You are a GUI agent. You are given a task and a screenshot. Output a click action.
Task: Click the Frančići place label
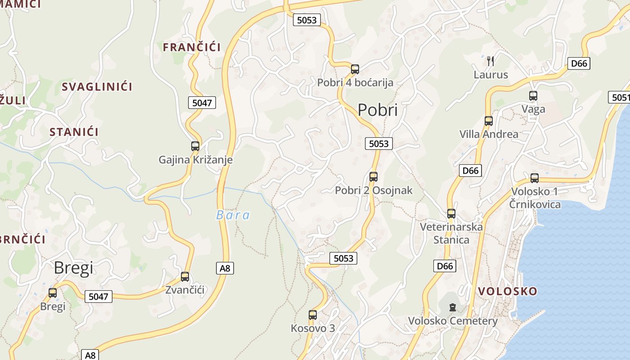[192, 47]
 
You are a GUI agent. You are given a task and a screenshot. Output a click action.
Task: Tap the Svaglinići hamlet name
[97, 87]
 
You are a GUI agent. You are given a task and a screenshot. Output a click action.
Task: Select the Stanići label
[74, 132]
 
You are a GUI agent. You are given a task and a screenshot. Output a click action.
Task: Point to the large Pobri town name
[378, 110]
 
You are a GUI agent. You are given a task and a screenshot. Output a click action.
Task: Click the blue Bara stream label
[233, 215]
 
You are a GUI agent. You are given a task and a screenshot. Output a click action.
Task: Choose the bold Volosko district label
[508, 291]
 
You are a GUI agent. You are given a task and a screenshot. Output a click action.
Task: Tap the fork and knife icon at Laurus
[490, 61]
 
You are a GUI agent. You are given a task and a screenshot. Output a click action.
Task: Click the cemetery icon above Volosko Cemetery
[452, 308]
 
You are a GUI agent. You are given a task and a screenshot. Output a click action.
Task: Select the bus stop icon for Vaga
[533, 96]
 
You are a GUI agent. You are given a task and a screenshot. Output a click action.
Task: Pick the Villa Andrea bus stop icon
[489, 121]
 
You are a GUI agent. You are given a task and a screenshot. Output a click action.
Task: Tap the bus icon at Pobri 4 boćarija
[355, 69]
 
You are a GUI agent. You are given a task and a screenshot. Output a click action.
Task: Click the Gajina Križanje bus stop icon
[195, 146]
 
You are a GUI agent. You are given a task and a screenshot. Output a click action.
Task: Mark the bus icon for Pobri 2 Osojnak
[373, 177]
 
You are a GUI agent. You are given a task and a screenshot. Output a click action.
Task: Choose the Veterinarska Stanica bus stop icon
[451, 214]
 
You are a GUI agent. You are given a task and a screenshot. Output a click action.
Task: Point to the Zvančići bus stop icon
[185, 277]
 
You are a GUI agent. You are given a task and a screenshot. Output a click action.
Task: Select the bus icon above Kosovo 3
[313, 315]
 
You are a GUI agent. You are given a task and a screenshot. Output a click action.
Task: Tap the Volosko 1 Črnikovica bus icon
[535, 178]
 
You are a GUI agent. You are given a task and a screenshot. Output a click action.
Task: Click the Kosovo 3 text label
[313, 328]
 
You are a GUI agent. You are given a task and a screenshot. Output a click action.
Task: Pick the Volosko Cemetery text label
[452, 321]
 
